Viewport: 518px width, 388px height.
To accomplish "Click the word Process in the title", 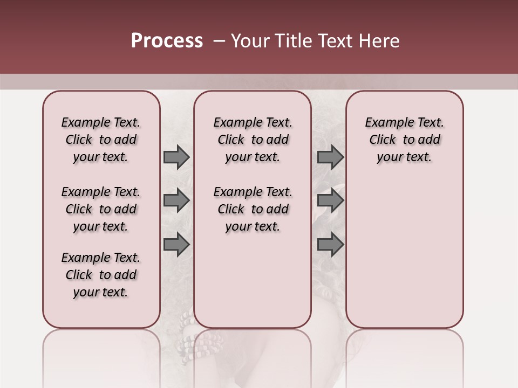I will click(167, 41).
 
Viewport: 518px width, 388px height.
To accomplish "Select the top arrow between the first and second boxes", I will click(176, 157).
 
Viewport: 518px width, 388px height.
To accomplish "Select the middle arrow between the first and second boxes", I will click(176, 200).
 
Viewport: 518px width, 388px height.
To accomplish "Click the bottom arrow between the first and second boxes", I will click(176, 245).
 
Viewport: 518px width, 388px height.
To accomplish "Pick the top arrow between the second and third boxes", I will click(330, 157).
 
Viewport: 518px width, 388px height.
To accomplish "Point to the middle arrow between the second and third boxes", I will click(330, 200).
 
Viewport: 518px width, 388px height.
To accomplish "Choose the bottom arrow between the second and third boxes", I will click(330, 245).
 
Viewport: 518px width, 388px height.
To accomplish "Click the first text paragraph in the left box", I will click(101, 140).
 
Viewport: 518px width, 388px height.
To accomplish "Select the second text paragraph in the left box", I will click(101, 209).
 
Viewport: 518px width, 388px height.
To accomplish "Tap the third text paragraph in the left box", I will click(101, 275).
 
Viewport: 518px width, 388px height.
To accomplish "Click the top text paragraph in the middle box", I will click(253, 140).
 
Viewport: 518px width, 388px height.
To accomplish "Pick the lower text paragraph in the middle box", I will click(253, 209).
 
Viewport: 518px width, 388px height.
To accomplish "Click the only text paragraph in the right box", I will click(404, 140).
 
